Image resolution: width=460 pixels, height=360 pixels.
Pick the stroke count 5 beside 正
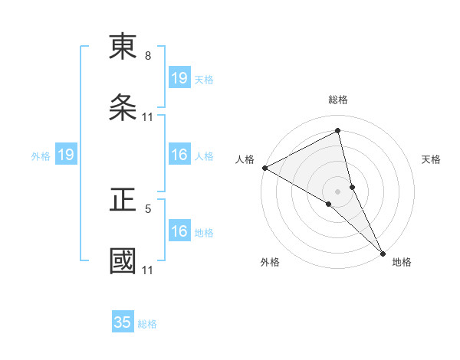[148, 208]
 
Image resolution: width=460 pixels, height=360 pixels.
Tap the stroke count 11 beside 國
[148, 270]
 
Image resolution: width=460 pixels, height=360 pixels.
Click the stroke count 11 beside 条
[148, 117]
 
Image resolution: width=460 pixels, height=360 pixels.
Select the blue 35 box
[123, 322]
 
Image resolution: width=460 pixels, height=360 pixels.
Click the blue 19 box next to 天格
[179, 77]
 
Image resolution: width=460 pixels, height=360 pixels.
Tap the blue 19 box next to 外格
[66, 155]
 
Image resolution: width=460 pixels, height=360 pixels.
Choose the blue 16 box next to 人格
[179, 155]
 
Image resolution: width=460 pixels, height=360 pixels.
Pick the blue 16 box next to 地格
[179, 232]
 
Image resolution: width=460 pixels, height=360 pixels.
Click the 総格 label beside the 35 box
[147, 324]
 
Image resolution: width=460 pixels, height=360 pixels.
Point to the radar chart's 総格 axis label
[338, 100]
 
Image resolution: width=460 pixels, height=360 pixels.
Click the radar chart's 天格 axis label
[432, 159]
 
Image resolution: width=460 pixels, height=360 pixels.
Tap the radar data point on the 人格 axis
[264, 168]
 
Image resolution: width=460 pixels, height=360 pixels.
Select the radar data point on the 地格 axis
[383, 252]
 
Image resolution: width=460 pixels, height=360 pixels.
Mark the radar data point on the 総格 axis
[338, 131]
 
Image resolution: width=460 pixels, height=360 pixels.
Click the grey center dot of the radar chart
[338, 190]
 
